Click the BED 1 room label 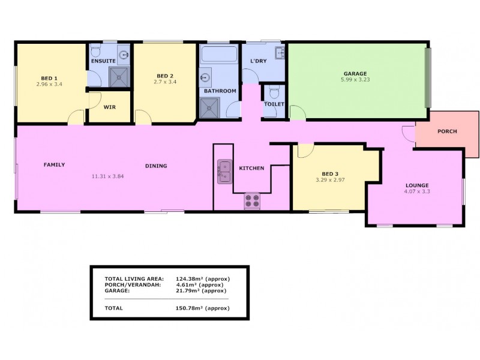pyautogui.click(x=49, y=78)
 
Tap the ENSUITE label pyautogui.click(x=103, y=61)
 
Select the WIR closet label pyautogui.click(x=109, y=107)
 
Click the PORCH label pyautogui.click(x=447, y=131)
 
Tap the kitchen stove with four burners pyautogui.click(x=251, y=200)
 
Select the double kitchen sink pyautogui.click(x=223, y=172)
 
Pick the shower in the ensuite pyautogui.click(x=119, y=76)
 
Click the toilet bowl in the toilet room pyautogui.click(x=274, y=93)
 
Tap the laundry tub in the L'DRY pyautogui.click(x=280, y=54)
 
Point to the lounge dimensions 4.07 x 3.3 pyautogui.click(x=417, y=191)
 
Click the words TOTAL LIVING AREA pyautogui.click(x=130, y=279)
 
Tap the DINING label pyautogui.click(x=155, y=166)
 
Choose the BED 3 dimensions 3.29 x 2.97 pyautogui.click(x=330, y=179)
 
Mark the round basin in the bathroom pyautogui.click(x=205, y=77)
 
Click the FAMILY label pyautogui.click(x=53, y=164)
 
